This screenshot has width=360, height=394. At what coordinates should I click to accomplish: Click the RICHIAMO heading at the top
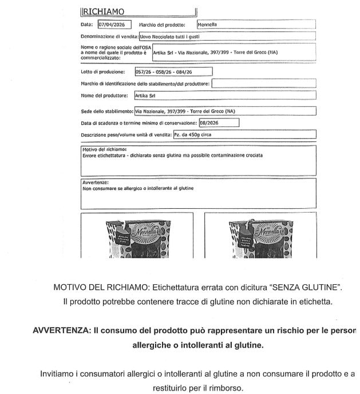click(x=104, y=11)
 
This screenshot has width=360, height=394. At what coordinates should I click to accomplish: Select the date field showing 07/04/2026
click(x=114, y=25)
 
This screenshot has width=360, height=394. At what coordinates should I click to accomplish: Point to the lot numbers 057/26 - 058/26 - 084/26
click(x=173, y=72)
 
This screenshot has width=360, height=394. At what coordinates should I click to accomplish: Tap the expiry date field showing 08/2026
click(x=219, y=122)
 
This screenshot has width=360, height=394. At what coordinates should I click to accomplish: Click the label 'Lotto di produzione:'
click(x=103, y=72)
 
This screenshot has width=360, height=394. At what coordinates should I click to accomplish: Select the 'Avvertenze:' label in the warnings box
click(x=96, y=182)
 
